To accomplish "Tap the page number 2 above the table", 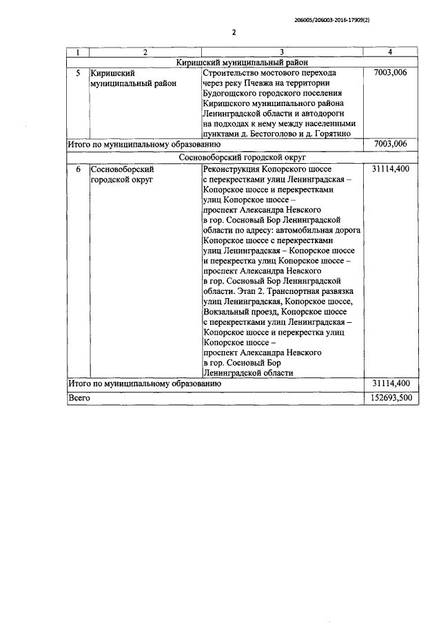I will (x=234, y=32).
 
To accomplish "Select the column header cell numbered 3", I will (x=283, y=52).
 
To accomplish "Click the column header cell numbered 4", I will (x=391, y=52).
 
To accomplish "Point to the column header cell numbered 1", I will (x=78, y=52).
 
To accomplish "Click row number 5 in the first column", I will (x=78, y=73).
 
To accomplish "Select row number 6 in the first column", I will (x=78, y=169).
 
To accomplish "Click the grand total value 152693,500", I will (x=391, y=397).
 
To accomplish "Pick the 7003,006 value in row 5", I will (x=391, y=73).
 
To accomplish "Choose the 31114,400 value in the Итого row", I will (x=391, y=383).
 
